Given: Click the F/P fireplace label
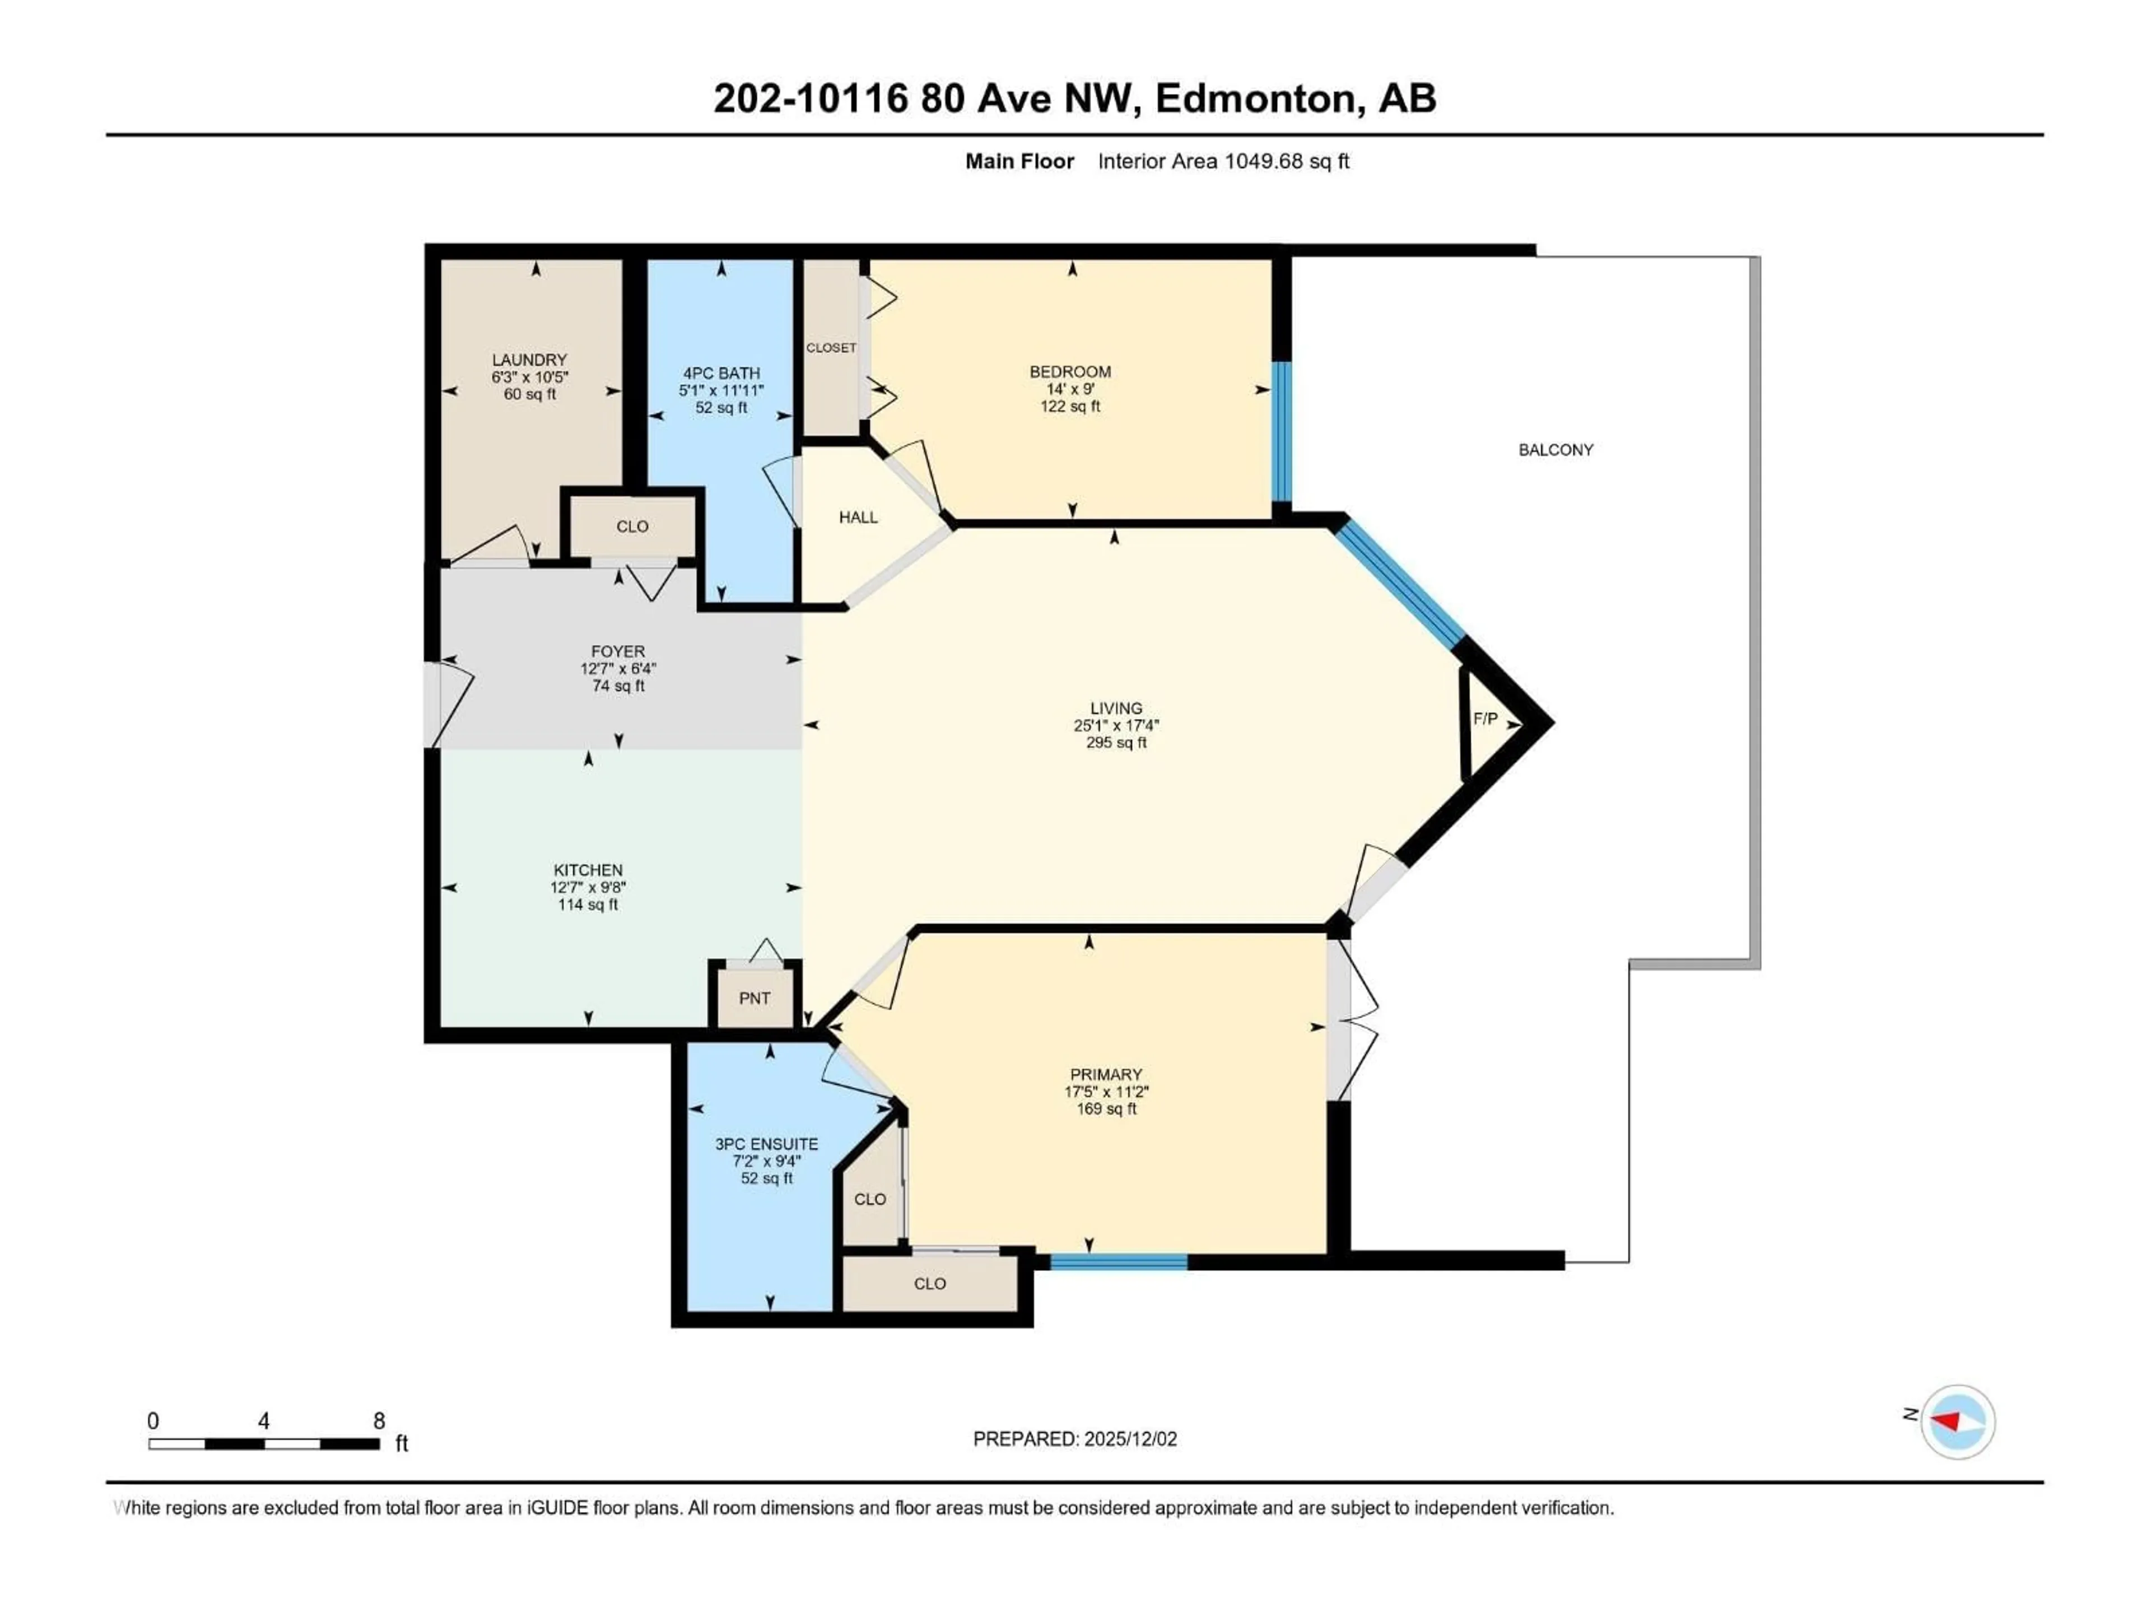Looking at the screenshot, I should [x=1485, y=719].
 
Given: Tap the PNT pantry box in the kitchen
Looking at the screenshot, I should [x=755, y=997].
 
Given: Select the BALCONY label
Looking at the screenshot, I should [x=1556, y=449].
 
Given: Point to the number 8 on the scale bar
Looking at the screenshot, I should [x=379, y=1420].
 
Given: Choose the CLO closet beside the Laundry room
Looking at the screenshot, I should [x=632, y=526].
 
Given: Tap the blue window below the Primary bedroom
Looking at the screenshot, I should [x=1118, y=1262].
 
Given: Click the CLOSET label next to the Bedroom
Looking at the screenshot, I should [x=831, y=347].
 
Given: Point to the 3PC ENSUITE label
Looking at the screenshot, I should [x=766, y=1144].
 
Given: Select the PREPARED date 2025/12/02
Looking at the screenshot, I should [x=1074, y=1439].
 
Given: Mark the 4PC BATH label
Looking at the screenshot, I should [x=720, y=374].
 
